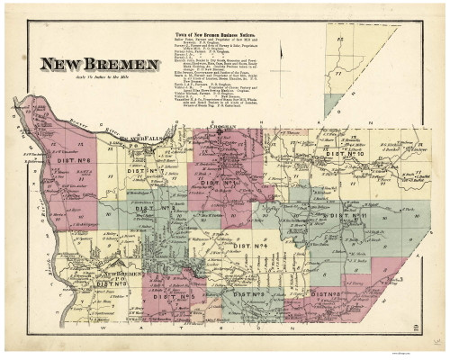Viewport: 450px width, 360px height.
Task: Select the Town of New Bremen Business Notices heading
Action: [215, 37]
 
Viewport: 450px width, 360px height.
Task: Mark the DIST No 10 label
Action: [345, 154]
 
